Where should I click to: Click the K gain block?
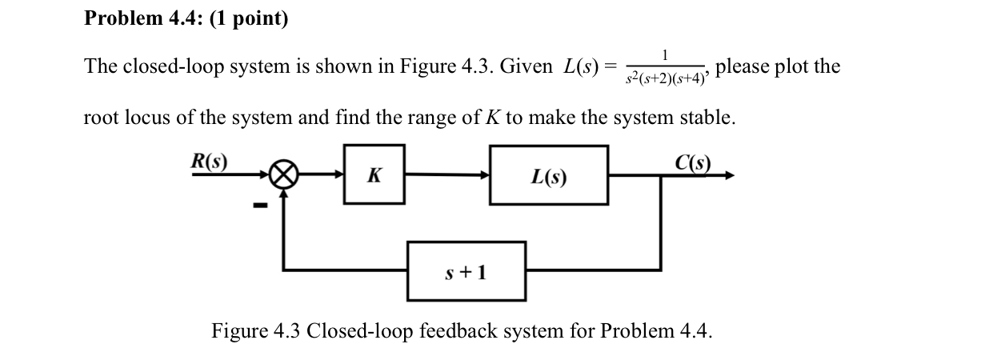click(374, 176)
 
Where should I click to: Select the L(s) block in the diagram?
click(549, 176)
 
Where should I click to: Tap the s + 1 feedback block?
click(466, 272)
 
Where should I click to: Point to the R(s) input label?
click(208, 161)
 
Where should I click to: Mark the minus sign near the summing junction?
click(258, 206)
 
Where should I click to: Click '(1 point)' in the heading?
click(249, 18)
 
